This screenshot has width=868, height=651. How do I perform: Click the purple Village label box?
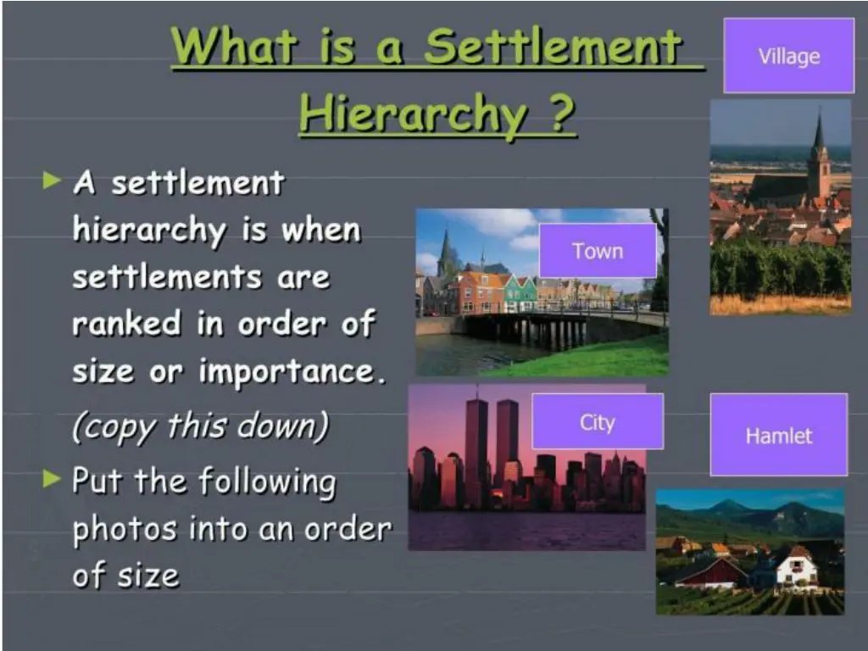(x=788, y=56)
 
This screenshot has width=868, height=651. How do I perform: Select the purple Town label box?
(x=598, y=251)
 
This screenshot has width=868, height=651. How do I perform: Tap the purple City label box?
(x=598, y=422)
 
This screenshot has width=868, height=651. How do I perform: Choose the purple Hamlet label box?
(x=778, y=435)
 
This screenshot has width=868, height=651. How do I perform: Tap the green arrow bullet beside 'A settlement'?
(x=53, y=180)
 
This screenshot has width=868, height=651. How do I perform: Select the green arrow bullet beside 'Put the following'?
(x=53, y=480)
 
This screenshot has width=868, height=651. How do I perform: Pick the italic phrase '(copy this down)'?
(x=200, y=426)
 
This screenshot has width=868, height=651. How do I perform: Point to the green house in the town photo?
(x=519, y=292)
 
